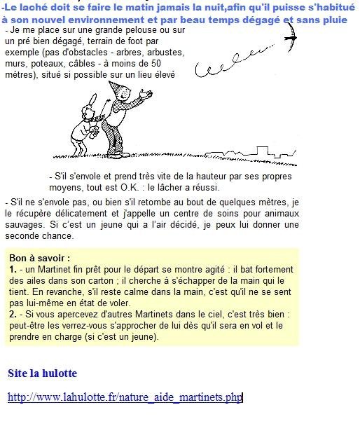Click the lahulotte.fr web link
tap(125, 397)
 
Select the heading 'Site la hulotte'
tap(42, 373)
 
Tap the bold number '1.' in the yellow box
tap(13, 268)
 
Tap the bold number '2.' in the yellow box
tap(13, 315)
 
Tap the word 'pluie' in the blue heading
tap(333, 20)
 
